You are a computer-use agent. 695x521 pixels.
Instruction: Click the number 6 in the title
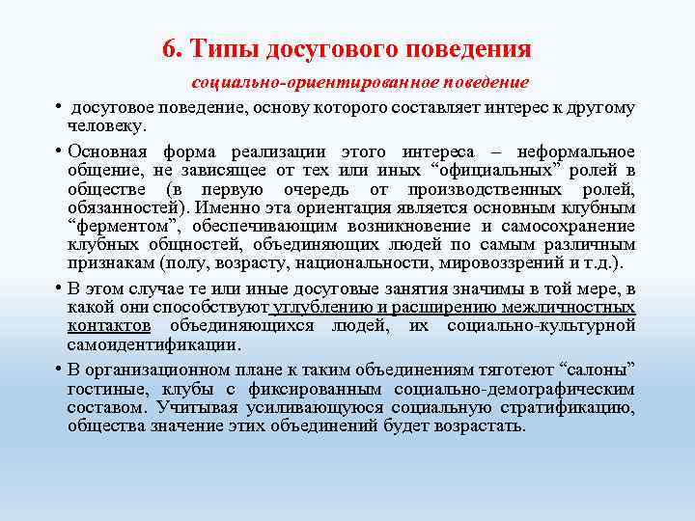169,48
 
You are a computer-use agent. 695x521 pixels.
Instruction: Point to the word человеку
106,125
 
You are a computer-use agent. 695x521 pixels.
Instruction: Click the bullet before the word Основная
59,151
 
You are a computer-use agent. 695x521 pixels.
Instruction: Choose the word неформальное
577,151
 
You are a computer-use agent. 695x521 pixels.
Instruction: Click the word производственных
480,189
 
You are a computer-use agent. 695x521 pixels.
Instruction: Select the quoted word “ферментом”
109,227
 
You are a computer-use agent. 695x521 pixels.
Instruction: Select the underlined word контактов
109,326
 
